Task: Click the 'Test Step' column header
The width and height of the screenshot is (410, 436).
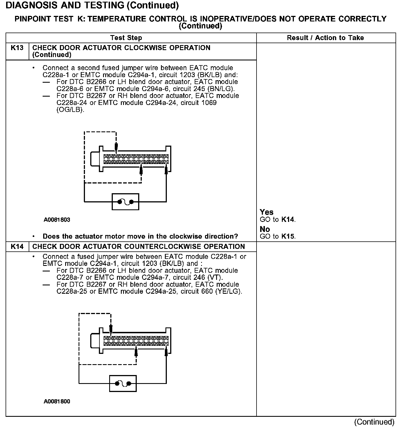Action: (x=126, y=38)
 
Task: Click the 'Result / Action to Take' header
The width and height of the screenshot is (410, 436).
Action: (x=325, y=38)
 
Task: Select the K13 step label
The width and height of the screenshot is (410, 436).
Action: (x=17, y=48)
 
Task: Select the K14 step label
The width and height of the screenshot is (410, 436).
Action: (x=17, y=246)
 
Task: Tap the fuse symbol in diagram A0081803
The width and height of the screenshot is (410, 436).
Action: (x=125, y=202)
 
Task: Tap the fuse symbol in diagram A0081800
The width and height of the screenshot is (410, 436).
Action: (x=123, y=384)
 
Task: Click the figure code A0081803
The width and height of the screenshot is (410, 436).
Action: (x=57, y=220)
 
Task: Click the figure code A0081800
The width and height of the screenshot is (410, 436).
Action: (x=57, y=401)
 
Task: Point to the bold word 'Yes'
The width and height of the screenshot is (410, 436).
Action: (x=267, y=212)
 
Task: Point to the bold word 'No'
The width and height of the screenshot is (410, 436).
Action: (x=265, y=229)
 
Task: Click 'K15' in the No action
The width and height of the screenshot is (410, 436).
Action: (x=288, y=236)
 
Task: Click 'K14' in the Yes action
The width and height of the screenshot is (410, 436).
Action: (x=288, y=219)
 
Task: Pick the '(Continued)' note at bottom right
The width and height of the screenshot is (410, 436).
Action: (x=374, y=422)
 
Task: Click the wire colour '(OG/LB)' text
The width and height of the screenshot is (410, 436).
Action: (x=70, y=110)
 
